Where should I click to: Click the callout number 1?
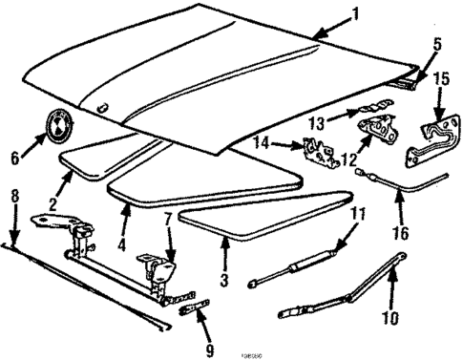click(356, 14)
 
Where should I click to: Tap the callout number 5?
click(438, 44)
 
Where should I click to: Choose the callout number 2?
click(54, 202)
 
